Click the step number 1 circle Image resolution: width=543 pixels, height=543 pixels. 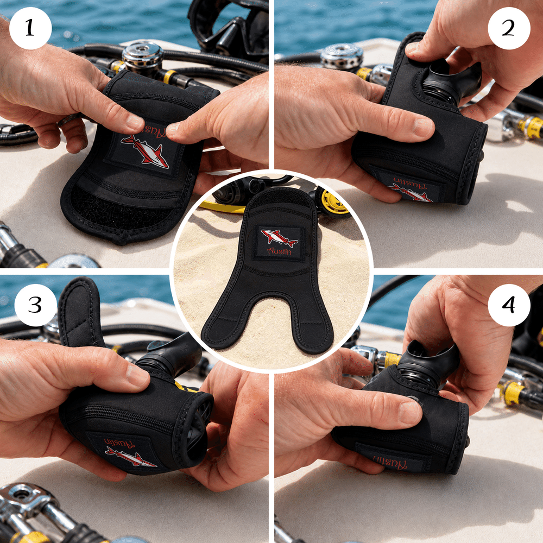click(x=30, y=28)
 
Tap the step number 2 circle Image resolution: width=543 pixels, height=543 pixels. click(x=509, y=28)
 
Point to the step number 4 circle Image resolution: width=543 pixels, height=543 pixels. click(x=509, y=305)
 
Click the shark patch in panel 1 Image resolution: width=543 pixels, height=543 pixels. click(x=144, y=150)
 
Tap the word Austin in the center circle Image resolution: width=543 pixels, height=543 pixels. click(x=280, y=251)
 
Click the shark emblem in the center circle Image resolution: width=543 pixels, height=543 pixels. click(x=279, y=237)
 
